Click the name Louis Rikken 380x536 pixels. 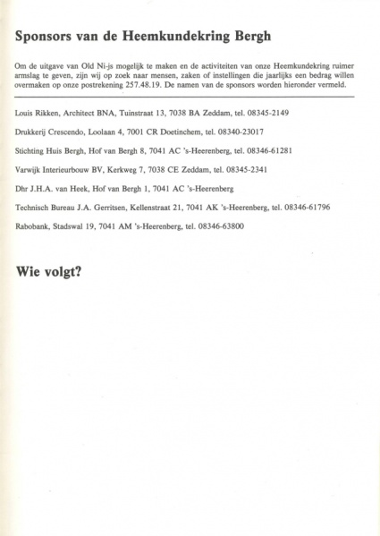tap(37, 115)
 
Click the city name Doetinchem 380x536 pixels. tap(182, 132)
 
